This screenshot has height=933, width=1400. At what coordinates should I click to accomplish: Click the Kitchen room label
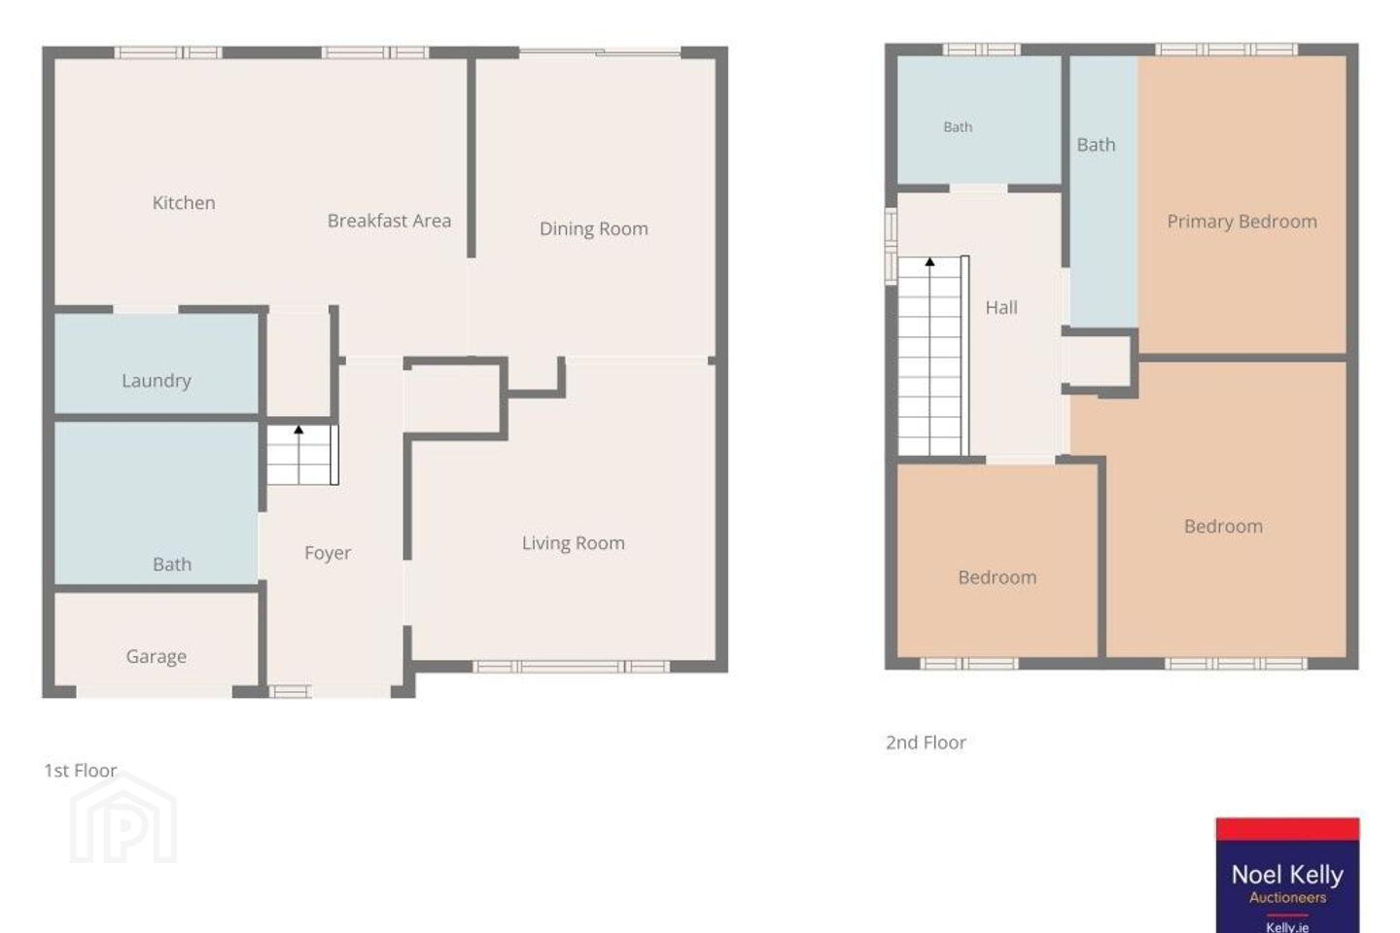pos(184,202)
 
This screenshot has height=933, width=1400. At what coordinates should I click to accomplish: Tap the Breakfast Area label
pos(389,221)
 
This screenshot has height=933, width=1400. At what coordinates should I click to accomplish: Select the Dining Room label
pos(593,228)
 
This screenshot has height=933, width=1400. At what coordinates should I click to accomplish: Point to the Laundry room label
pos(157,381)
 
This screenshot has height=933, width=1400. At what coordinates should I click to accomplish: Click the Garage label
pos(157,656)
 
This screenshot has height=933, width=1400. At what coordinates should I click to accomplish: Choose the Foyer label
pos(328,553)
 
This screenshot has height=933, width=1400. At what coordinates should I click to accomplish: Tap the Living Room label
pos(574,543)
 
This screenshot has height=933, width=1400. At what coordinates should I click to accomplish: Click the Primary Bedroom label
pos(1242,222)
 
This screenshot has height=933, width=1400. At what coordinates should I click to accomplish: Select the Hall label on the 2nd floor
pos(1001,307)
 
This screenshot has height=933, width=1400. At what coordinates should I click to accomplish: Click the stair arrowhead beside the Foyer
pos(298,430)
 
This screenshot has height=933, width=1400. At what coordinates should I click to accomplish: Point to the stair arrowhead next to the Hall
pos(930,261)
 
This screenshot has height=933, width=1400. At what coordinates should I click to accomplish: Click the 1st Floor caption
pos(81,771)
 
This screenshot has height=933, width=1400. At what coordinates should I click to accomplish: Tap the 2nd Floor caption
pos(926,743)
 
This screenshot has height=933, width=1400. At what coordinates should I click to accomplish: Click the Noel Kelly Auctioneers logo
pos(1287,875)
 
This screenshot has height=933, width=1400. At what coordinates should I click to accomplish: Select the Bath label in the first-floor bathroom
pos(172,565)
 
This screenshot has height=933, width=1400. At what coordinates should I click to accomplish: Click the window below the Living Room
pos(571,666)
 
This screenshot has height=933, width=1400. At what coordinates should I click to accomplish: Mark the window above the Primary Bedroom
pos(1226,50)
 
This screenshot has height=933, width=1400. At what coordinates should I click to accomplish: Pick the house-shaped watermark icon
pos(123,817)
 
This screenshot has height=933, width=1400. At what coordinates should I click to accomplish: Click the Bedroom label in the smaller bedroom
pos(997,577)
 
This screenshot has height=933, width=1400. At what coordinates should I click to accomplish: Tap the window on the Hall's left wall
pos(892,246)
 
